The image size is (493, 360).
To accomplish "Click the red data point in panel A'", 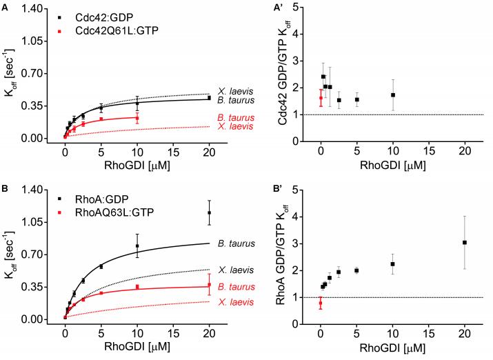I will tap(321, 98).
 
